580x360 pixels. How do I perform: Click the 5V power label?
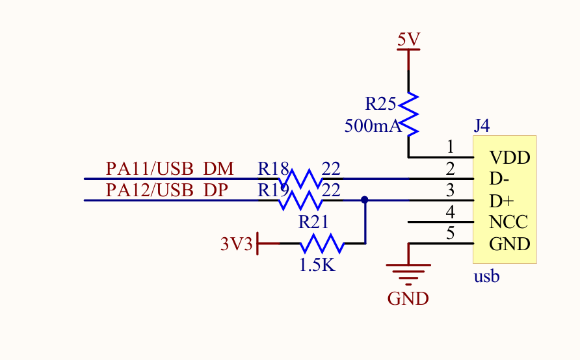pyautogui.click(x=408, y=40)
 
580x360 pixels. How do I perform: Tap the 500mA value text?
pyautogui.click(x=373, y=126)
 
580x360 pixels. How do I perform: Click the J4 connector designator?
pyautogui.click(x=481, y=125)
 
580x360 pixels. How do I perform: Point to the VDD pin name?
pyautogui.click(x=510, y=157)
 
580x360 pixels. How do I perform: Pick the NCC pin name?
pyautogui.click(x=509, y=222)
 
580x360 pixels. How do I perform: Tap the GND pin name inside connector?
pyautogui.click(x=510, y=244)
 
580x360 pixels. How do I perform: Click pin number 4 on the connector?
pyautogui.click(x=450, y=212)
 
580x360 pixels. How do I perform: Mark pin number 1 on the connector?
pyautogui.click(x=450, y=148)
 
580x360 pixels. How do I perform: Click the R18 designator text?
pyautogui.click(x=273, y=170)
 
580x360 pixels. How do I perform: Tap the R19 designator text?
pyautogui.click(x=273, y=191)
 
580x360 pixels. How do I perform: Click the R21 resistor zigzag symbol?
pyautogui.click(x=321, y=244)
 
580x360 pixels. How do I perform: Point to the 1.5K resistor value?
pyautogui.click(x=317, y=265)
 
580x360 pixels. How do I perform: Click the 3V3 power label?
pyautogui.click(x=236, y=244)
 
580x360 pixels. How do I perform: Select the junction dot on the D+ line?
pyautogui.click(x=364, y=200)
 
